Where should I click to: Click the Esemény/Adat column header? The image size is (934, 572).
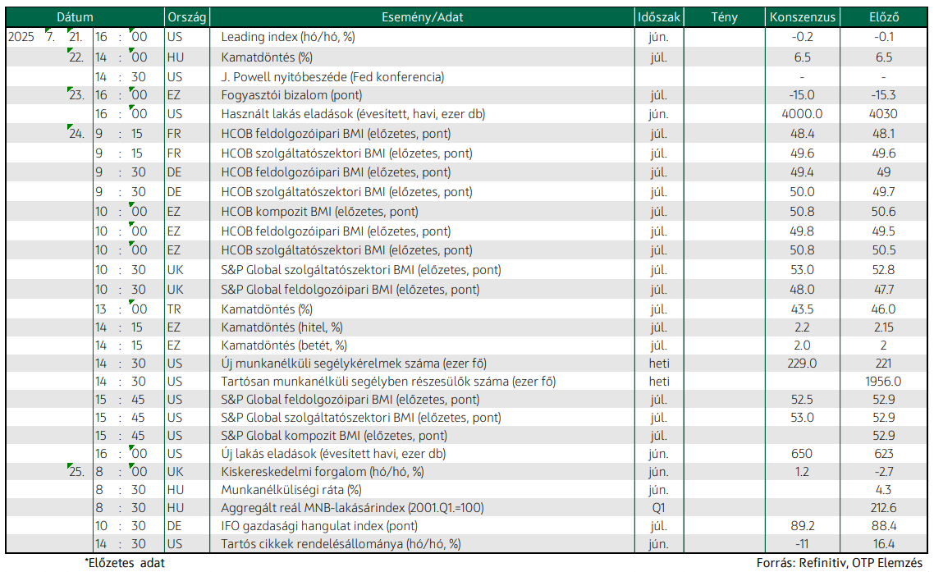(x=423, y=17)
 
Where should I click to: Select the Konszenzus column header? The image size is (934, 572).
(x=803, y=17)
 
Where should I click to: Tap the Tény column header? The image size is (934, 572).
(x=725, y=17)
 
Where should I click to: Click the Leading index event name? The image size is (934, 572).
(x=288, y=37)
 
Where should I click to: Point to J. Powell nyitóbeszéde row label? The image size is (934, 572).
(x=332, y=77)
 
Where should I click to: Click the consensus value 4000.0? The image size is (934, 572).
(x=803, y=114)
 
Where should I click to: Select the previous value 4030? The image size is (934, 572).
(x=883, y=114)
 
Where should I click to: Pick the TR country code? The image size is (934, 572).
(x=174, y=309)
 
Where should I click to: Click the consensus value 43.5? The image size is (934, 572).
(x=803, y=309)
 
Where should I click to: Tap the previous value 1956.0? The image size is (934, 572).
(x=883, y=382)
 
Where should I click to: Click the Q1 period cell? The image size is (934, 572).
(x=658, y=508)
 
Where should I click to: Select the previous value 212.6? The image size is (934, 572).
(x=883, y=508)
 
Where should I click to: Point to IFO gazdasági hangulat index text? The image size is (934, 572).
(x=319, y=526)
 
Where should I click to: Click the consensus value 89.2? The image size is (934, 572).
(x=803, y=526)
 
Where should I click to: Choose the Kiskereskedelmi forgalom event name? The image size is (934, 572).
(x=323, y=472)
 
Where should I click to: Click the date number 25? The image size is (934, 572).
(x=76, y=472)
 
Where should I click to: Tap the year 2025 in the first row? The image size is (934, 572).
(x=21, y=37)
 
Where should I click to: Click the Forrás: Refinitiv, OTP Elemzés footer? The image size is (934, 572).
(x=840, y=562)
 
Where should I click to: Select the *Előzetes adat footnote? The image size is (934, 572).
(x=125, y=562)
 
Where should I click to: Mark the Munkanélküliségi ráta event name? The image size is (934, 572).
(x=291, y=490)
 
